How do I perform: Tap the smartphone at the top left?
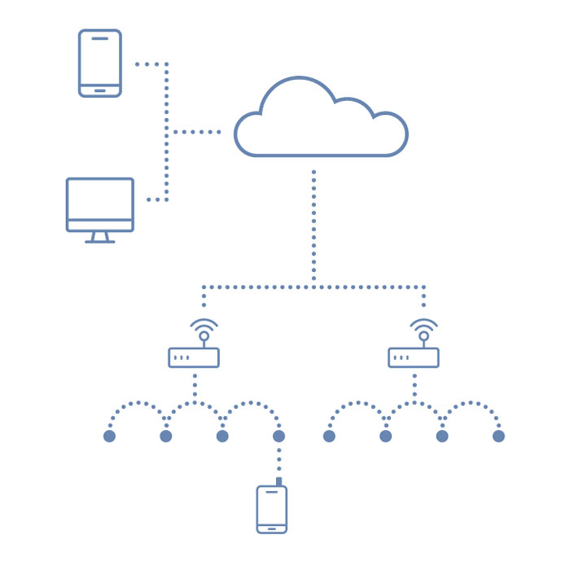click(x=100, y=64)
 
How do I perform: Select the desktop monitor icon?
click(x=99, y=205)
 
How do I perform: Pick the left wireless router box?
click(x=194, y=357)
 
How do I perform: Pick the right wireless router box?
click(x=414, y=357)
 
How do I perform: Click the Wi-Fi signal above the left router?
click(x=204, y=329)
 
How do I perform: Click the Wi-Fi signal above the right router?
click(x=423, y=329)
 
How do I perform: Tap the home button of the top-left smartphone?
click(x=100, y=89)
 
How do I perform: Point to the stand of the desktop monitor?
click(x=99, y=238)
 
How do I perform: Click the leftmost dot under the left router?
click(x=109, y=436)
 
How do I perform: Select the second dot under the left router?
click(x=166, y=436)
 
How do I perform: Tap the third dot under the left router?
click(x=222, y=436)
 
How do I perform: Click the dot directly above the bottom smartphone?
click(x=279, y=436)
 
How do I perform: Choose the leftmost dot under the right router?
click(x=329, y=436)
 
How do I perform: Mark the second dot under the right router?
click(x=386, y=436)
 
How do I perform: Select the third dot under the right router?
click(x=442, y=436)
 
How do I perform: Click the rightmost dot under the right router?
click(x=499, y=436)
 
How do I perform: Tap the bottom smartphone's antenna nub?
click(x=279, y=483)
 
